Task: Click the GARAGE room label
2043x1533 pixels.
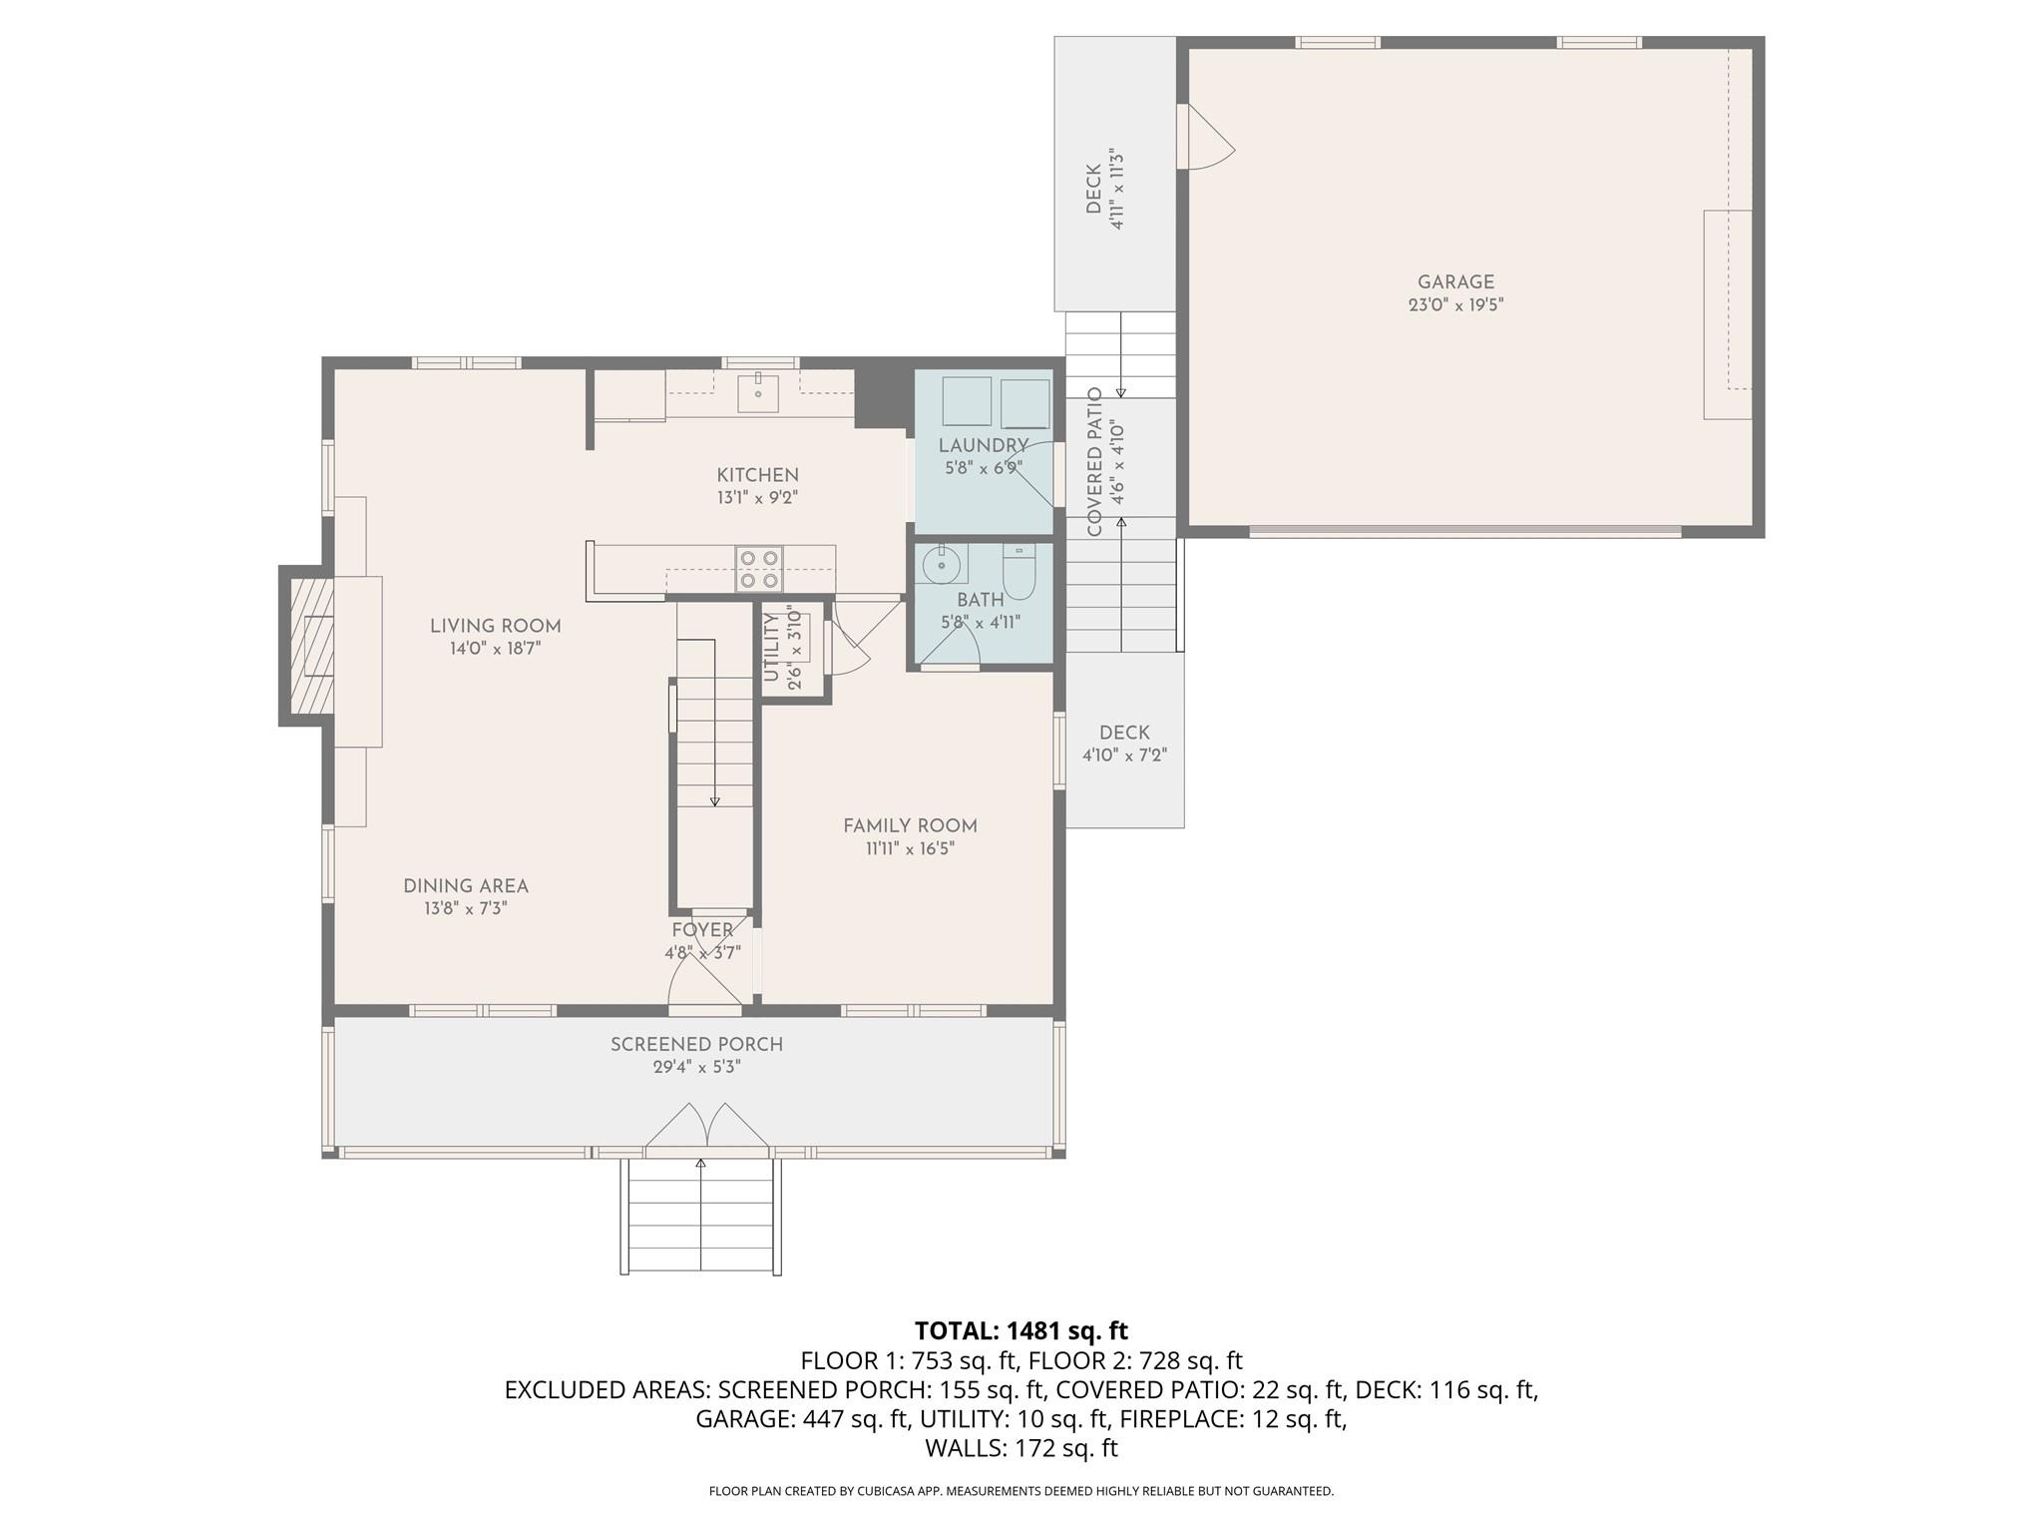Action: point(1455,282)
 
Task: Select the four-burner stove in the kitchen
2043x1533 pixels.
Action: point(758,569)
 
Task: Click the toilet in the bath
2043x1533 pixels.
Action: point(1019,572)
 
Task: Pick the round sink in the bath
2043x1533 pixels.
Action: point(940,565)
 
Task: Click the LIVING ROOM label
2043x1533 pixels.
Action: point(495,626)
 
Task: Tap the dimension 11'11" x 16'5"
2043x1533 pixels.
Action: point(910,848)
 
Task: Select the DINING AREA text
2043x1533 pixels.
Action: point(466,886)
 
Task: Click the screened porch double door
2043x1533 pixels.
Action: point(706,1126)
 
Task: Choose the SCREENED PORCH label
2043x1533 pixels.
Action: point(696,1044)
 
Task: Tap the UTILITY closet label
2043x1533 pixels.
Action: point(771,648)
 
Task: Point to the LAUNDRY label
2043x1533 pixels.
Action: point(983,445)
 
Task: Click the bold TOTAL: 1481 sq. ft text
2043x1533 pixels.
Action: point(1021,1330)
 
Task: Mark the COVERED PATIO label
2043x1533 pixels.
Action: point(1095,461)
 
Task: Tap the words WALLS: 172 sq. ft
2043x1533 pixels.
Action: point(1021,1448)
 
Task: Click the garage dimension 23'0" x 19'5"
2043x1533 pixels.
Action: point(1455,305)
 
